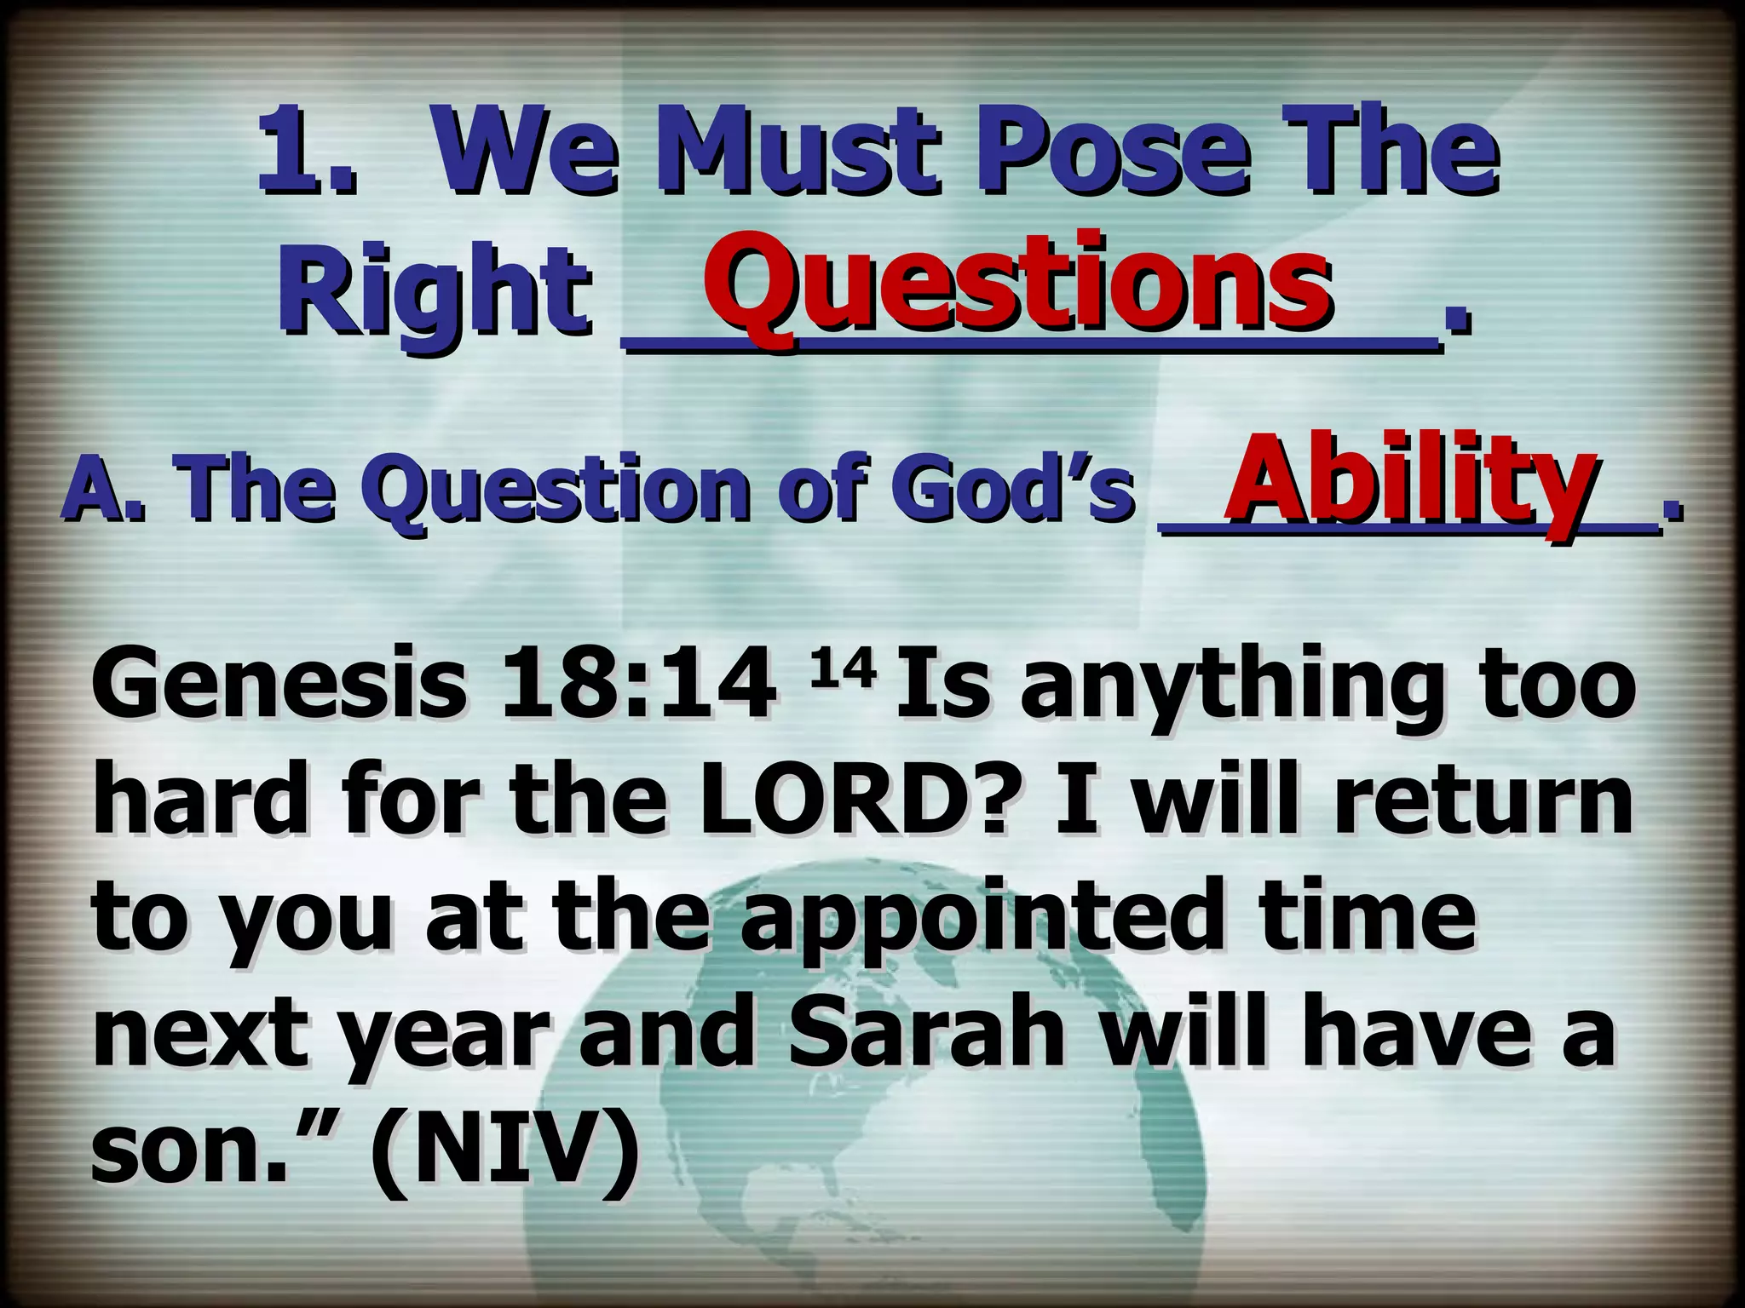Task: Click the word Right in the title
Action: [435, 294]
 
